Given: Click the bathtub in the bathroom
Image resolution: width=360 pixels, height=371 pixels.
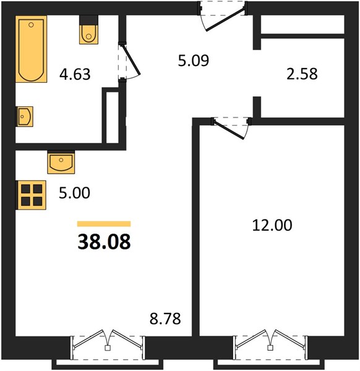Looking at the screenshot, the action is click(32, 49).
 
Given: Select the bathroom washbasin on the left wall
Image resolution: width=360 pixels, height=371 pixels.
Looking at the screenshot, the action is click(24, 116).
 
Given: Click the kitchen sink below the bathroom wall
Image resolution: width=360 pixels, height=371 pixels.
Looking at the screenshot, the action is click(61, 162).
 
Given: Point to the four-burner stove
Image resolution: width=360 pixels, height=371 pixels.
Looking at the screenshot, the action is click(31, 195).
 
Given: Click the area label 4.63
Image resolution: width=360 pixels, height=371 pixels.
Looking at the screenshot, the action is click(75, 74).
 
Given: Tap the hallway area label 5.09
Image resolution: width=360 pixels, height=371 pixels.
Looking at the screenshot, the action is click(194, 61).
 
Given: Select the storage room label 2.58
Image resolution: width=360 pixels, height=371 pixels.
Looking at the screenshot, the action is click(302, 74).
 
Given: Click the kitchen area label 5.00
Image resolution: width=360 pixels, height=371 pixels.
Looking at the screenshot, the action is click(74, 192).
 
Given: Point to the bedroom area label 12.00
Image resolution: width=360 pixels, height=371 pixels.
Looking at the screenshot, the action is click(272, 225).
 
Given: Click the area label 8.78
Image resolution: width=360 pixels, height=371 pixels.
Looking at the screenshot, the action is click(165, 318).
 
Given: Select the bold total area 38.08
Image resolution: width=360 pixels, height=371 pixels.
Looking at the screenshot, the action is click(104, 242).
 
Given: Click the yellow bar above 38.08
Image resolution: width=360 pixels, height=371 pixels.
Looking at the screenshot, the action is click(104, 224).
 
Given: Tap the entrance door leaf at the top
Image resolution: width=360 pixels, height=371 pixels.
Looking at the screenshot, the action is click(226, 19).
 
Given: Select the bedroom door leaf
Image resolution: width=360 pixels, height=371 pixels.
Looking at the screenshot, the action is click(229, 130).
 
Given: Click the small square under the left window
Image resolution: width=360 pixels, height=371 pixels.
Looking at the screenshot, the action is click(108, 348).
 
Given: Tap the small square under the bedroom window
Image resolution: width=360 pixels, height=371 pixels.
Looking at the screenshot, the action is click(270, 348).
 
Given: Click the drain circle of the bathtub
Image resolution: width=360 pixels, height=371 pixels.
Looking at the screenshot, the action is click(31, 25).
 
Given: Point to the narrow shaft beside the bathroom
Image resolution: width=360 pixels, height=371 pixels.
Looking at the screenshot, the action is click(112, 117).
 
